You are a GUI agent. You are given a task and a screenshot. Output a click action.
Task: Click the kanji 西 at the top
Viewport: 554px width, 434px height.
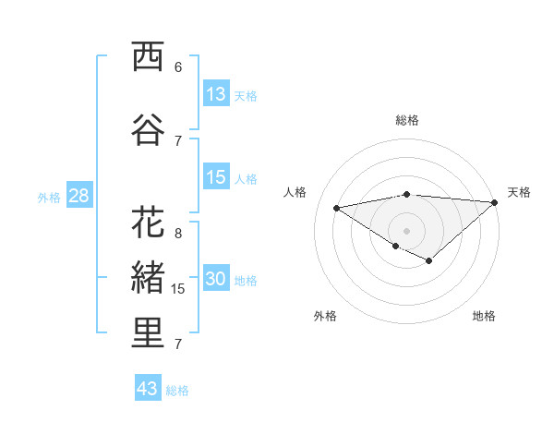pos(148,57)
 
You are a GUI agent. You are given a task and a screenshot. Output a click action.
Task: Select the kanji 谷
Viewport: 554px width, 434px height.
pos(148,130)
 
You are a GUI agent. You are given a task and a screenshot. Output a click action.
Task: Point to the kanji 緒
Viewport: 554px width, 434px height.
pos(148,278)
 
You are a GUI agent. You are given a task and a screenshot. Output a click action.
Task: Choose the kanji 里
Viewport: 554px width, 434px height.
pos(148,333)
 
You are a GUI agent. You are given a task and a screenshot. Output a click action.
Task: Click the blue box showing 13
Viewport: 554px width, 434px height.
pos(216,93)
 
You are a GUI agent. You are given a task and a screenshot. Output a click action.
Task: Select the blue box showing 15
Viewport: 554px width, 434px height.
pos(216,176)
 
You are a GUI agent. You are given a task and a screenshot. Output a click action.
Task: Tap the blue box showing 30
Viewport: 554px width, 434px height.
pos(216,279)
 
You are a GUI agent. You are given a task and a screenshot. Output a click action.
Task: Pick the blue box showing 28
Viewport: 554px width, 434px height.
pos(78,195)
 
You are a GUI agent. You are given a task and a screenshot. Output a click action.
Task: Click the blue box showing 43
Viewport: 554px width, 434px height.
pos(148,388)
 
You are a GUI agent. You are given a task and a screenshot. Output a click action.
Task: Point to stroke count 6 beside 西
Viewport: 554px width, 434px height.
pos(178,67)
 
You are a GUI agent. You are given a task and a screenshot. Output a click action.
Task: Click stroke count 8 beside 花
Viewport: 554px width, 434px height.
pos(178,234)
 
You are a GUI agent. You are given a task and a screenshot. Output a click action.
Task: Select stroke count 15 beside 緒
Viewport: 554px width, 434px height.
pos(179,289)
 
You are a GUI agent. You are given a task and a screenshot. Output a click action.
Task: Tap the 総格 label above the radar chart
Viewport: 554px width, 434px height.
pos(407,120)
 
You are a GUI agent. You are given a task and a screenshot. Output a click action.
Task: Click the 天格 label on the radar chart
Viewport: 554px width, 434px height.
pos(519,192)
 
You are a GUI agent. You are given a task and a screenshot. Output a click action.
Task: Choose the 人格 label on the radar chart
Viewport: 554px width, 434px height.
pos(295,192)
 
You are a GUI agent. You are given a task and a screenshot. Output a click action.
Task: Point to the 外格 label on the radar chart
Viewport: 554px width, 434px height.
pos(325,316)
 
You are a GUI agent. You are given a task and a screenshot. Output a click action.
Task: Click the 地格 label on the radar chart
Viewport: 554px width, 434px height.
pos(484,316)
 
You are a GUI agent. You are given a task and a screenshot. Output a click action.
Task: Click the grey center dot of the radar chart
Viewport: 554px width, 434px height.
pos(406,229)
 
